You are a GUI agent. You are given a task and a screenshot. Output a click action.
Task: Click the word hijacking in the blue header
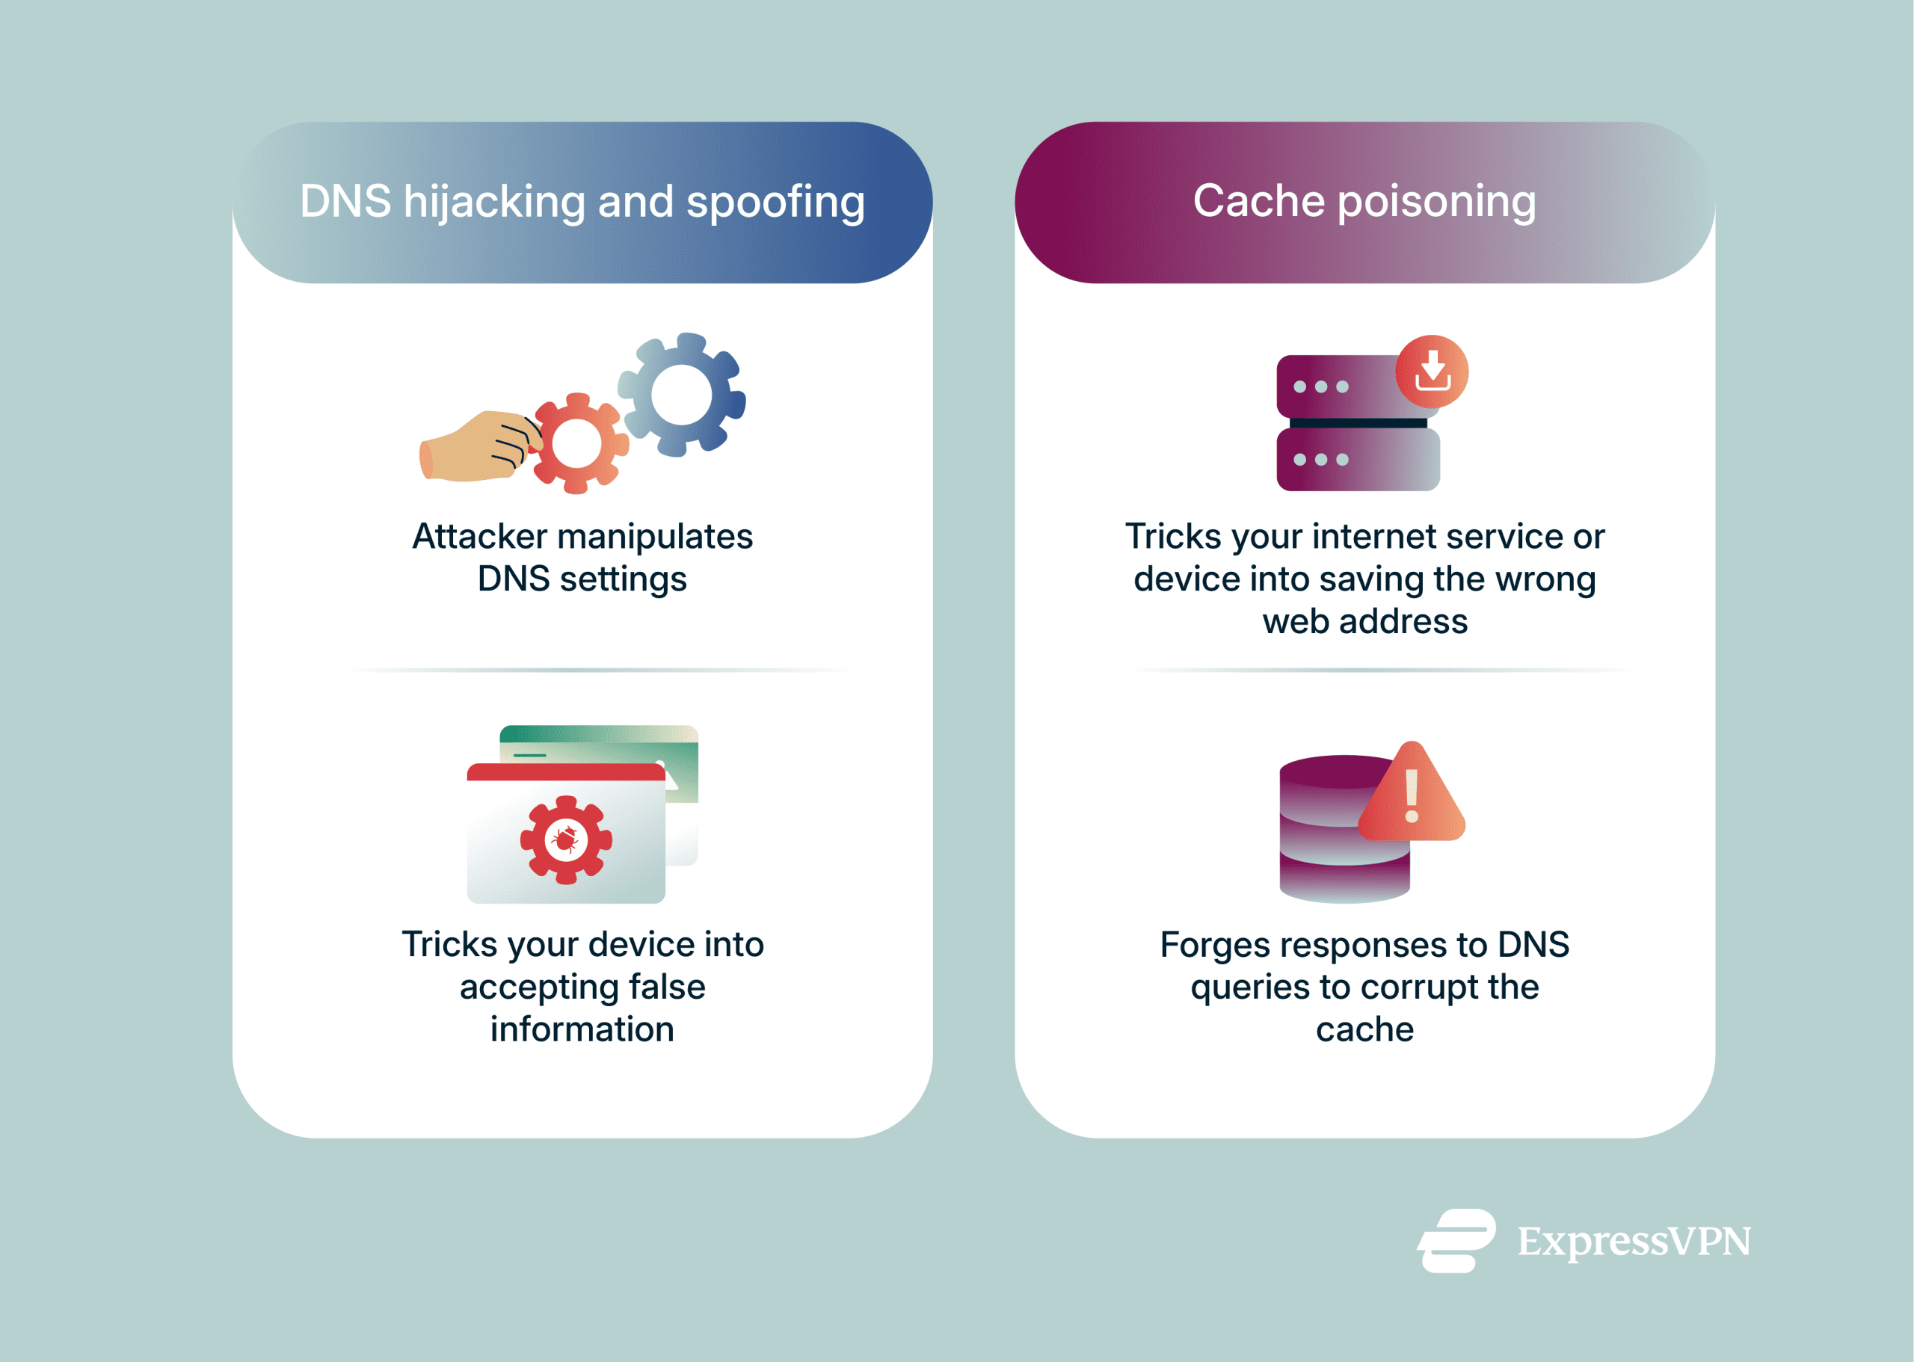493,202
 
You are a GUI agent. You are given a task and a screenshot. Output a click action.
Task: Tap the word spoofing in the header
775,202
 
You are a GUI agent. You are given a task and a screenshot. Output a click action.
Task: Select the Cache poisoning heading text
1364,201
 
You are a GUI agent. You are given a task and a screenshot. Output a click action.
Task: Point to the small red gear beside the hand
578,443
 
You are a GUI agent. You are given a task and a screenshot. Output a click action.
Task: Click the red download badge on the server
1431,372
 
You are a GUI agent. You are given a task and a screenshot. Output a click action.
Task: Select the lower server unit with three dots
1357,460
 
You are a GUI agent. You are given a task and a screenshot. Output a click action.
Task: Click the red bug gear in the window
565,839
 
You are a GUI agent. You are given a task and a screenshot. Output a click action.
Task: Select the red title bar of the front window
565,772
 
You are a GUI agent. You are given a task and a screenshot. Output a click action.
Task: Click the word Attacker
479,537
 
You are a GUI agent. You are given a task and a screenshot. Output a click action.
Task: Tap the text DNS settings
582,579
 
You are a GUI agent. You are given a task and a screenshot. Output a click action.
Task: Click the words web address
1364,621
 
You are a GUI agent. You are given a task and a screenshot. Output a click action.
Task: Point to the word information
582,1030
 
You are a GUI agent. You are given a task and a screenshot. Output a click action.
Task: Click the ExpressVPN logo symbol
1456,1240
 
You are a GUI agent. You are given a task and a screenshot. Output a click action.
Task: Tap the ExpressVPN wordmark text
1633,1241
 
